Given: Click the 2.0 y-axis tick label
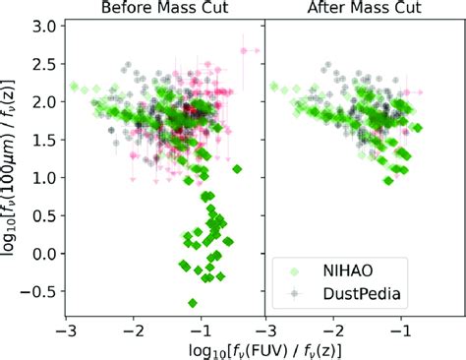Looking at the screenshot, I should pos(45,102).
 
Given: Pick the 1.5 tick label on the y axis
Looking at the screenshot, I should pos(45,141).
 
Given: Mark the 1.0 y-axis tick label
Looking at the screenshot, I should pos(45,178).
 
